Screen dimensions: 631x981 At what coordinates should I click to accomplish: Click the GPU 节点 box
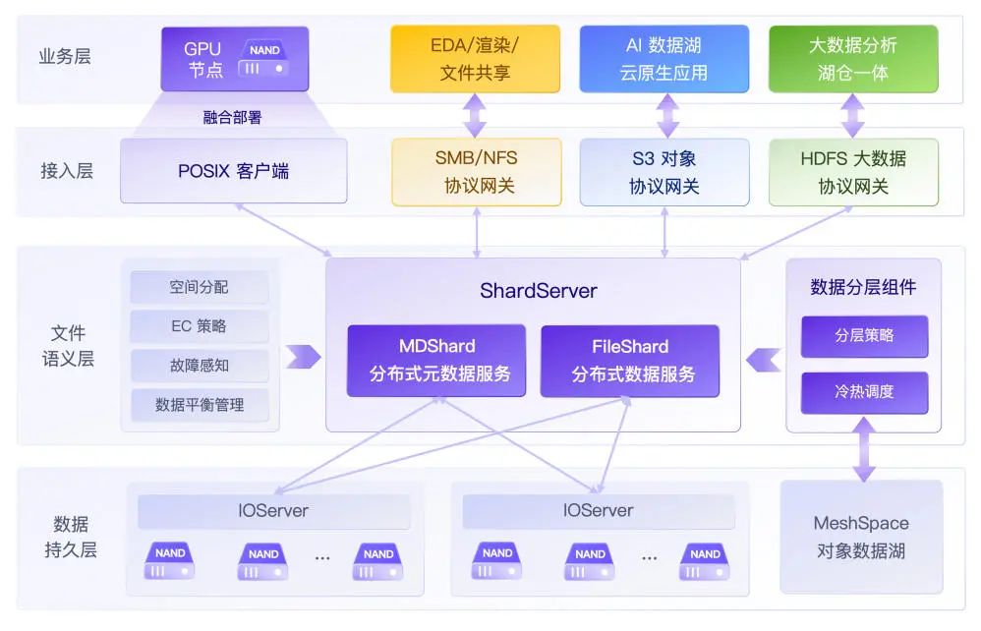point(234,59)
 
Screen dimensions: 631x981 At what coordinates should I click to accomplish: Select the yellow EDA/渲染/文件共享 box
point(475,59)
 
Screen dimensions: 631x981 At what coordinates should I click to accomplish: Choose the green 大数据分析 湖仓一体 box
point(852,59)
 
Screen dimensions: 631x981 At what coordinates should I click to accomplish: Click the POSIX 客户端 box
point(233,171)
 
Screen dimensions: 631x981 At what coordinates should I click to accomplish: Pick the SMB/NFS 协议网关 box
point(476,172)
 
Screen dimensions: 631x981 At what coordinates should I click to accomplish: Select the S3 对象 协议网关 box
point(664,172)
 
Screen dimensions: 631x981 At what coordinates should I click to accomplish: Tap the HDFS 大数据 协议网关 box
point(853,172)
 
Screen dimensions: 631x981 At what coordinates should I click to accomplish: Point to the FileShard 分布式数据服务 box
point(629,361)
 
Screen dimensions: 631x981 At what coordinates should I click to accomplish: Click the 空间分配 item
point(200,287)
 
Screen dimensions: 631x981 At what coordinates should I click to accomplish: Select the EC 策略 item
point(200,326)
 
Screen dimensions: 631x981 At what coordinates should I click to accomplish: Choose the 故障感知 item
point(200,366)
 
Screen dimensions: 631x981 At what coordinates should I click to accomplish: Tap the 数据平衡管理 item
point(200,405)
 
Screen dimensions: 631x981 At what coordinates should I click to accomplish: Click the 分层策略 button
point(864,336)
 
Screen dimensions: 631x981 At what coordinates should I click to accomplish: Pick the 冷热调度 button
point(864,392)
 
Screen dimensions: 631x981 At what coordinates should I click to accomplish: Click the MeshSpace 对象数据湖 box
point(861,537)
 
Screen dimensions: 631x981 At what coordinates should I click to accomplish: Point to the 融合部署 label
point(233,118)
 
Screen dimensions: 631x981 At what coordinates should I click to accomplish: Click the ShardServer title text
point(538,291)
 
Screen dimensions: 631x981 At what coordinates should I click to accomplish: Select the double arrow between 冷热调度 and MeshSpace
point(864,449)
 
